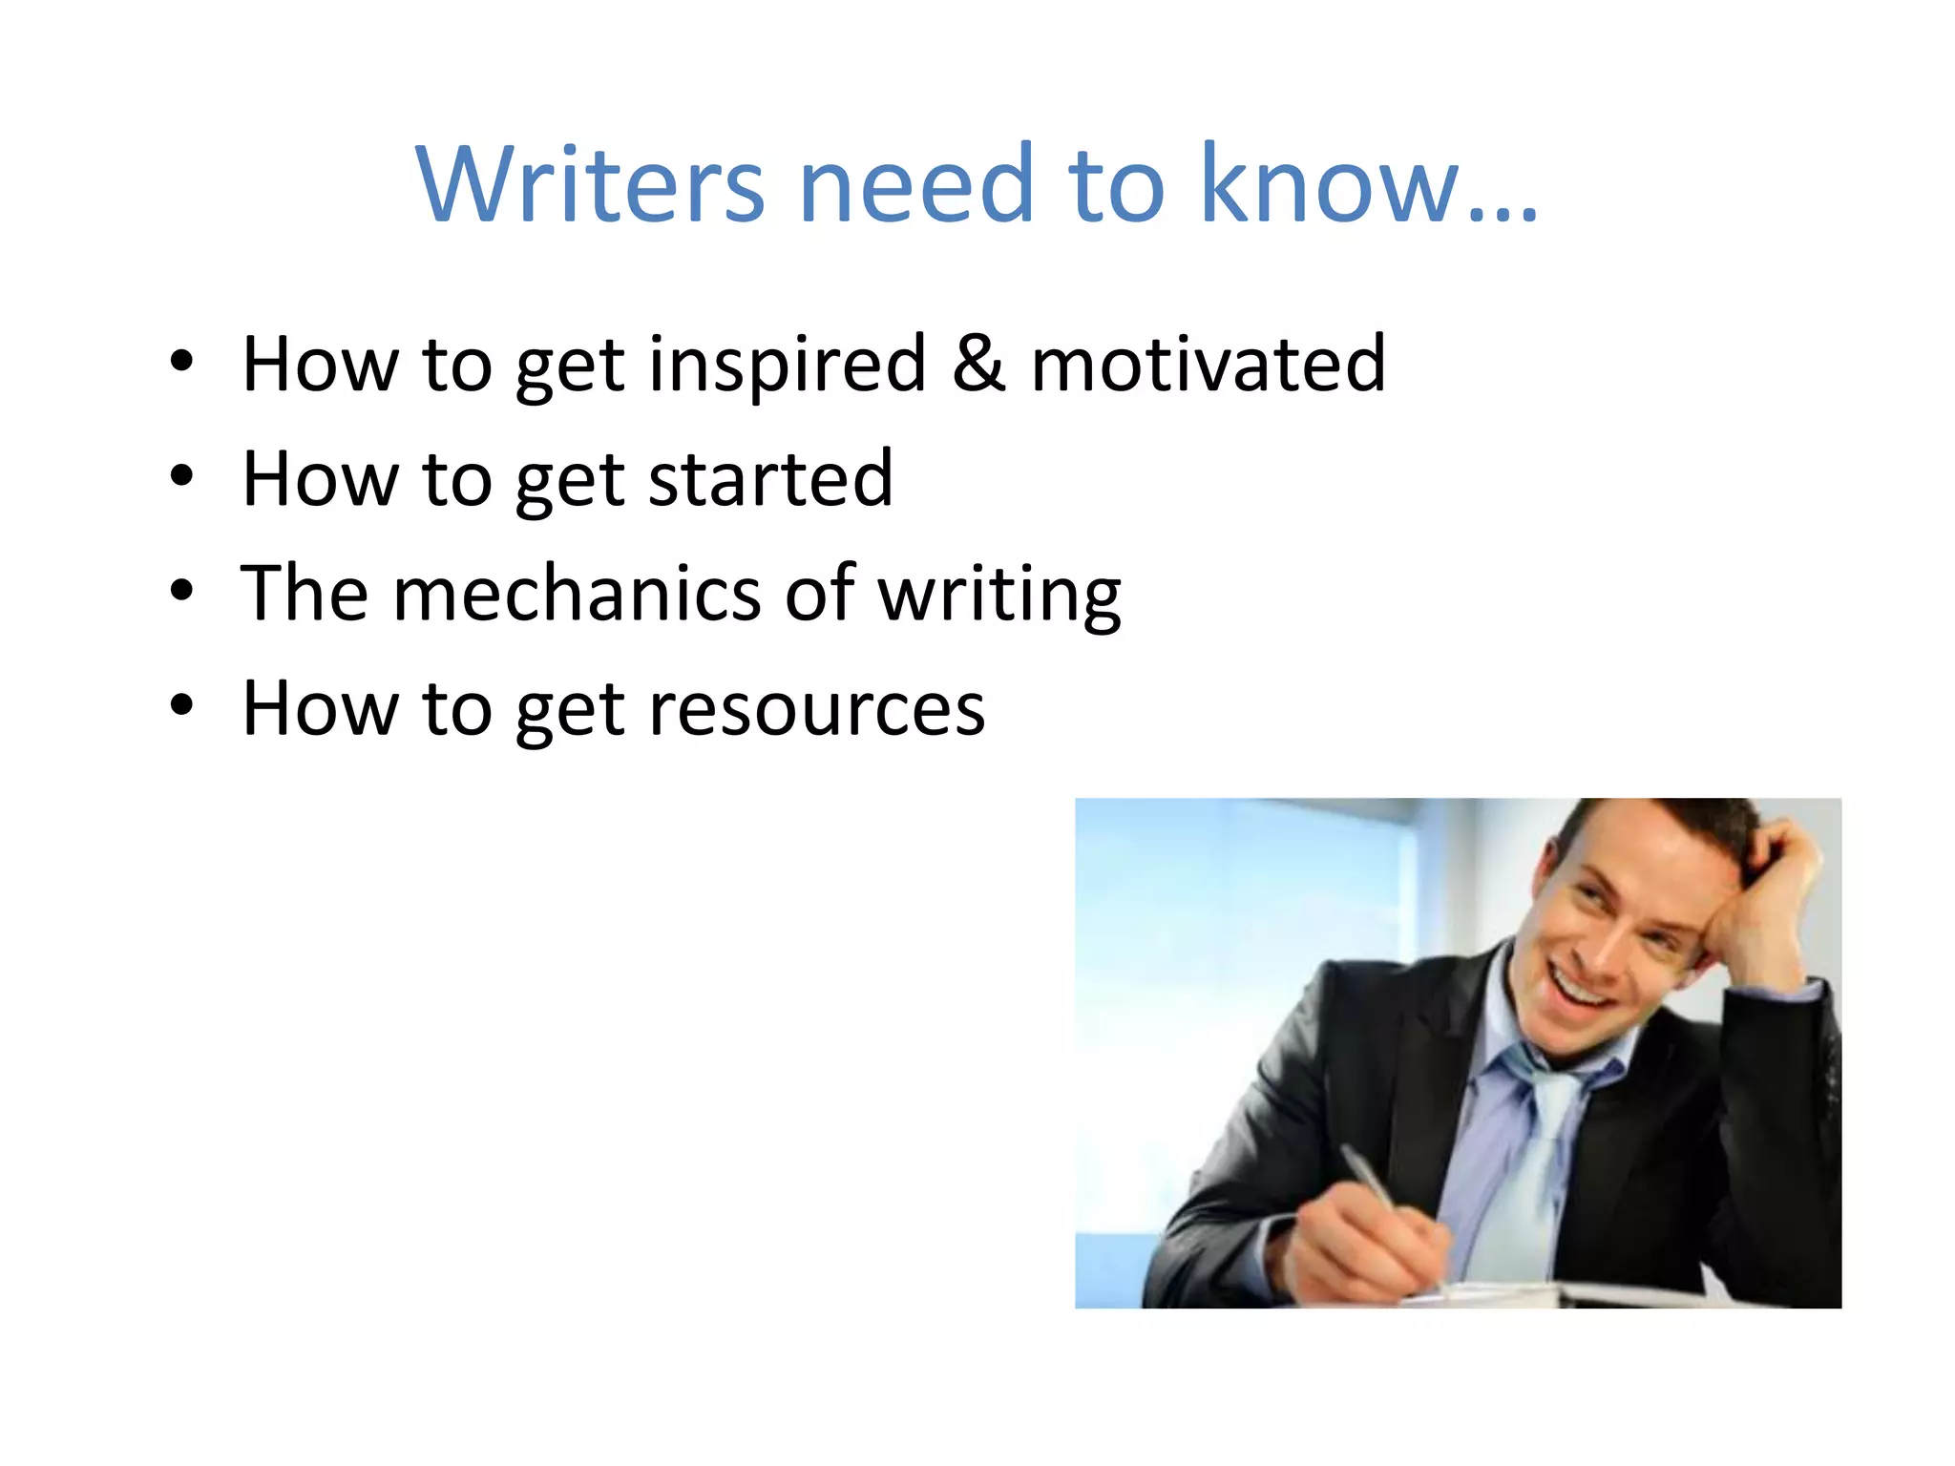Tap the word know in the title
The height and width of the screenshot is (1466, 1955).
tap(1330, 183)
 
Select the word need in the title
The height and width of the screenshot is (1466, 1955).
tap(915, 183)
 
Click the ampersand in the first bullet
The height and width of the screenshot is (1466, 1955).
tap(978, 364)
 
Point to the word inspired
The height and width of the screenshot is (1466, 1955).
tap(787, 366)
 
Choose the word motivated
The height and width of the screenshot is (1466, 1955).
tap(1208, 364)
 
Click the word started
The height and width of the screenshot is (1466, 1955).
tap(770, 478)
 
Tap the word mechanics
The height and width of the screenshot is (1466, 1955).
tap(577, 594)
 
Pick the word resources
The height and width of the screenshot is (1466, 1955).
tap(816, 709)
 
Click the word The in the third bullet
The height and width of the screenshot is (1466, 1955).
tap(305, 594)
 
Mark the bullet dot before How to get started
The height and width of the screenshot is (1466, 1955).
tap(181, 477)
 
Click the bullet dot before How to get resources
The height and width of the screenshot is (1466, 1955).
tap(181, 706)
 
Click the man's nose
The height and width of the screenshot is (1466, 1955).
tap(1613, 940)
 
